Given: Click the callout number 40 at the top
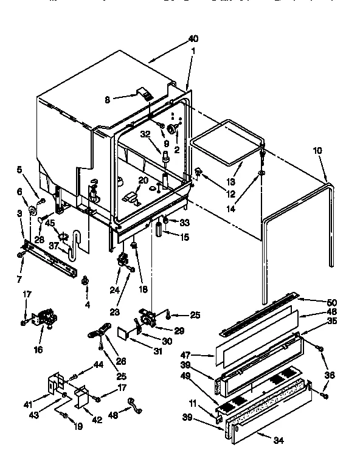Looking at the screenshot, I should coord(193,39).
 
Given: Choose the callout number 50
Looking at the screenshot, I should coord(331,302).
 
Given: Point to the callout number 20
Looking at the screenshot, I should coord(143,180).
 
